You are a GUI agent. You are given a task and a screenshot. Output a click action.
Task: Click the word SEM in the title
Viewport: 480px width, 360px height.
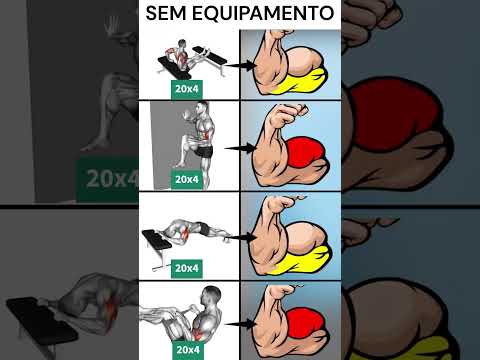166,14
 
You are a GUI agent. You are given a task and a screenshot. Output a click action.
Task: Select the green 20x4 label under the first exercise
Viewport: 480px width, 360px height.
187,88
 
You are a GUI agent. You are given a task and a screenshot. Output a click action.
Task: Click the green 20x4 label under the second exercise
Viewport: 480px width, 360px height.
187,179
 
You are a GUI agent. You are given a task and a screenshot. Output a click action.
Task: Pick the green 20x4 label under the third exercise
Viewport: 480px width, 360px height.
187,268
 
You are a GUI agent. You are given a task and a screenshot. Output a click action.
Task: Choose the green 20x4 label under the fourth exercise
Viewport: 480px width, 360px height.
187,351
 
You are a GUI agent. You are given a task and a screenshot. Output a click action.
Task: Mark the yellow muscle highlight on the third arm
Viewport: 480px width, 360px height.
300,262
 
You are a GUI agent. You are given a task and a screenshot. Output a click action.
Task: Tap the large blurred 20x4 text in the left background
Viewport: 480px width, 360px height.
109,181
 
